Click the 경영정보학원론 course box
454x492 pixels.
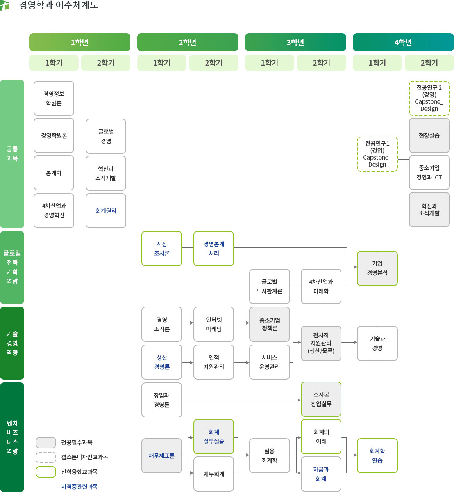[54, 98]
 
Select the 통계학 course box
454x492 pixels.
[54, 173]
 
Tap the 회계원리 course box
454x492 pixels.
[106, 211]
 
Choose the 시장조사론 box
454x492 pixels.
[162, 249]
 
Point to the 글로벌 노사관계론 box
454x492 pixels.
[270, 286]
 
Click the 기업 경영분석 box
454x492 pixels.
[377, 268]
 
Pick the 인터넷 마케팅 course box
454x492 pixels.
[214, 324]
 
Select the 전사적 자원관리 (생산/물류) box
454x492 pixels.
[321, 343]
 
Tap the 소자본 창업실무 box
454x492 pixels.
[321, 399]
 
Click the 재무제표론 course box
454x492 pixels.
[162, 456]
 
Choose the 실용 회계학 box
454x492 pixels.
[270, 456]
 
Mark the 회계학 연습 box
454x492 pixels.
[377, 456]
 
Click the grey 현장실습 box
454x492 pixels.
[429, 135]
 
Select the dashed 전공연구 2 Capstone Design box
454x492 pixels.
[429, 98]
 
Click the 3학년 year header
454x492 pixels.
[295, 42]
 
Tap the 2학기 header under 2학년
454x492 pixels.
[214, 63]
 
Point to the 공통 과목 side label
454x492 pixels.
[12, 154]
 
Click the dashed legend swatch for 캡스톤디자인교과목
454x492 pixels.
[46, 457]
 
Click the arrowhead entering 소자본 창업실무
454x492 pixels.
[299, 400]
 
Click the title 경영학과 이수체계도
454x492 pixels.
[59, 5]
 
